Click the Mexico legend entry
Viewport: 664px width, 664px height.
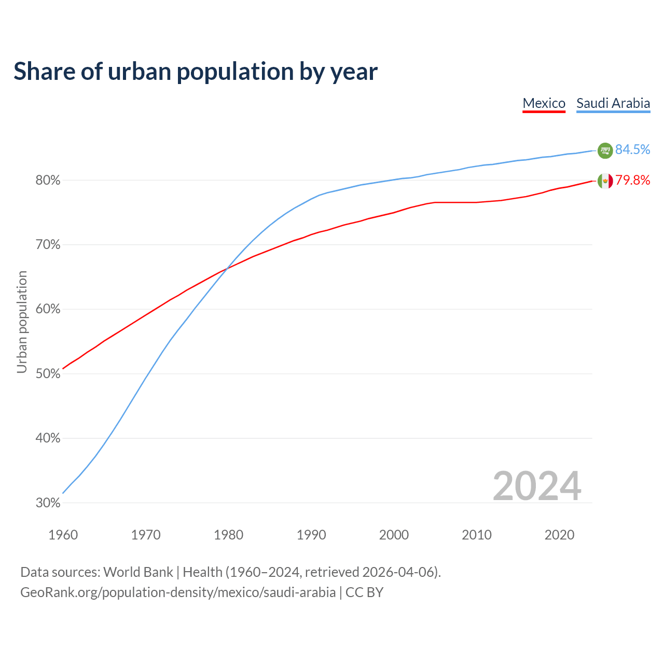544,103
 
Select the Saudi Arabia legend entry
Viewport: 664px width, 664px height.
613,103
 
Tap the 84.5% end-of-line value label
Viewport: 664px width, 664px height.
632,149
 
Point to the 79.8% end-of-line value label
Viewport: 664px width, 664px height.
632,180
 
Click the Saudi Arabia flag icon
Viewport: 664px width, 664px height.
605,150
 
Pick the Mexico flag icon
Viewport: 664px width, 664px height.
605,181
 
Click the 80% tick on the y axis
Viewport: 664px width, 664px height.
48,181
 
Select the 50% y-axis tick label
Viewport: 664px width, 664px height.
48,374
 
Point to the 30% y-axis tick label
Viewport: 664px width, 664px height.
48,503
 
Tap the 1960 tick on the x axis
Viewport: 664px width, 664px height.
63,535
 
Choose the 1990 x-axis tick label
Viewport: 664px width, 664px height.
311,535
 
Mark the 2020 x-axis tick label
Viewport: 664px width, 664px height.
559,535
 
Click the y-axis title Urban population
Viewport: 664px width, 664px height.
22,322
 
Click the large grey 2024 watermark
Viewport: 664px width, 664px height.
537,486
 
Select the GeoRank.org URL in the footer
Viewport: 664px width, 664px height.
178,592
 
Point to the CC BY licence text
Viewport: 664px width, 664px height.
364,592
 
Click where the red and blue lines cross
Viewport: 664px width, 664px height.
227,268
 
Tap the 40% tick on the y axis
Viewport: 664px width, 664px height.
48,438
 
